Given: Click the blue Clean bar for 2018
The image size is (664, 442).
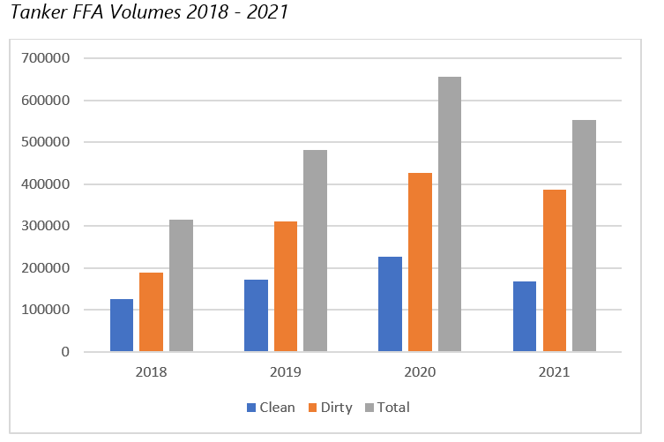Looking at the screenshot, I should (x=122, y=326).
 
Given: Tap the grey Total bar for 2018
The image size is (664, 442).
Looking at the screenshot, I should (x=181, y=286).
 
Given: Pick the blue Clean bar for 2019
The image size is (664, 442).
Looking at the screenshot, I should (x=256, y=316).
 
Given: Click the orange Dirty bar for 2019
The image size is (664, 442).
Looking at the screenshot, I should (x=286, y=287).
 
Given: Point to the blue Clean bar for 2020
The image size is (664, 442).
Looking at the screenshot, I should (x=390, y=304).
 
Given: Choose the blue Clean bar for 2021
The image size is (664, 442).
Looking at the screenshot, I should (x=524, y=317).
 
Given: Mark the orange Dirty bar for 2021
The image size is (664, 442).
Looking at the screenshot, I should (x=554, y=271).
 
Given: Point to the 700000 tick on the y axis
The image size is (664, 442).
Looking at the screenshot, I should (x=53, y=58).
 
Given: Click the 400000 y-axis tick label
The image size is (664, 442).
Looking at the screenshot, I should (x=53, y=184).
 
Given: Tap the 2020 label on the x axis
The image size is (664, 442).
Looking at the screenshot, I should (x=419, y=372).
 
